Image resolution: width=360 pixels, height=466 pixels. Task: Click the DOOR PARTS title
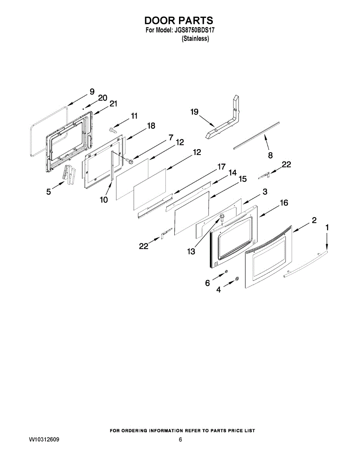[179, 21]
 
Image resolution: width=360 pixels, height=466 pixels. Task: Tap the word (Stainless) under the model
[195, 38]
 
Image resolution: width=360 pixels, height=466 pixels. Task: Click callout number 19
[195, 112]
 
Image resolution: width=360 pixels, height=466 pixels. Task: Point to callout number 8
[270, 155]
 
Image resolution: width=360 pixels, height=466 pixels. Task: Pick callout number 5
[49, 191]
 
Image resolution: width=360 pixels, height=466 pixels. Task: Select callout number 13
[191, 252]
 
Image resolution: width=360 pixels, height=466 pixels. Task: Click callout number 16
[284, 203]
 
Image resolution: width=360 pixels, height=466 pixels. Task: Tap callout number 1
[327, 227]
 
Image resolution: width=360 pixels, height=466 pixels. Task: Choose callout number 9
[92, 92]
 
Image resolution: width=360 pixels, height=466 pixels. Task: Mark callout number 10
[104, 200]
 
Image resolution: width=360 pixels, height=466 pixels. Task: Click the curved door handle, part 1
[307, 264]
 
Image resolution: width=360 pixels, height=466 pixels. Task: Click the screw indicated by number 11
[112, 130]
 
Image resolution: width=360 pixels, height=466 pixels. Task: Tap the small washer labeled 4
[237, 278]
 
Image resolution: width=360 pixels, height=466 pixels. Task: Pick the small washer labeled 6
[226, 272]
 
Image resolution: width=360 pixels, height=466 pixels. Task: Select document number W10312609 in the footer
[44, 440]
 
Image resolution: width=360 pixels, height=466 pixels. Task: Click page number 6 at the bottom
[180, 440]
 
